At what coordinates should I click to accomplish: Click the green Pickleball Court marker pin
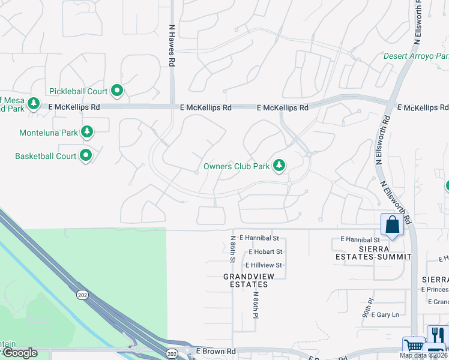coord(117,91)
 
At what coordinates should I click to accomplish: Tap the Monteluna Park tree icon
coord(87,132)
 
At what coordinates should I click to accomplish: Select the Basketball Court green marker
coord(86,156)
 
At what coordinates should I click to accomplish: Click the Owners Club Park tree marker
coord(279,166)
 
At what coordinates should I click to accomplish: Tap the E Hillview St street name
coord(263,265)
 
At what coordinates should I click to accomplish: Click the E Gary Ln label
coord(385,314)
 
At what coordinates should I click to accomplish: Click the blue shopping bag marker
coord(392,226)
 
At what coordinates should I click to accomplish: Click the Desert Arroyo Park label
coord(415,56)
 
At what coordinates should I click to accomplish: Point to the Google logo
coord(19,353)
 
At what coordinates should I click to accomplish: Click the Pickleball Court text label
coord(78,91)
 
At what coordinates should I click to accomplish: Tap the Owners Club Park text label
coord(235,166)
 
